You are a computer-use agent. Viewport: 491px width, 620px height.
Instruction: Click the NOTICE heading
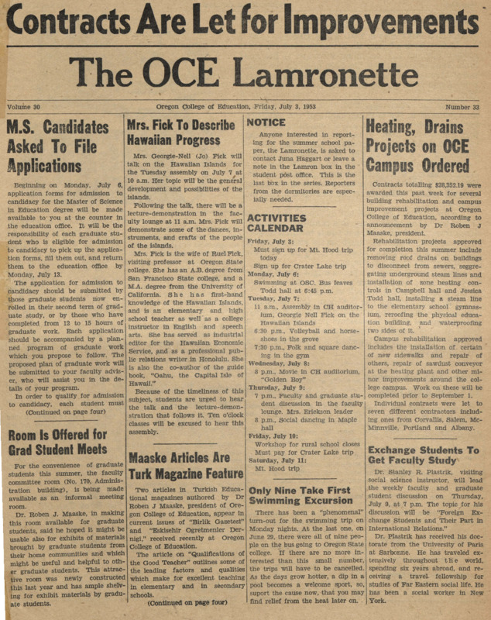coord(267,122)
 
